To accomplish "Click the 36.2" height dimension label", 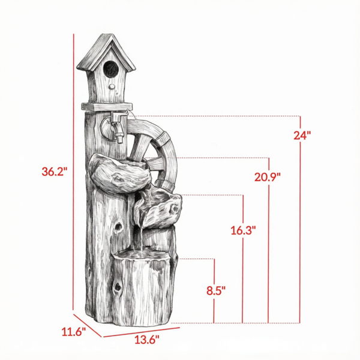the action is pos(54,172).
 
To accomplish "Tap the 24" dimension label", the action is pos(302,135).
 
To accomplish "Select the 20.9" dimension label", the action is pos(268,177).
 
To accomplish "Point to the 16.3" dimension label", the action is pos(243,230).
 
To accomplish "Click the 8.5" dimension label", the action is pos(216,290).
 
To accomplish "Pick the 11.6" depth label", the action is pos(73,332).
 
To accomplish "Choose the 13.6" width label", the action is pos(146,340).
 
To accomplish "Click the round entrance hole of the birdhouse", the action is pos(110,69).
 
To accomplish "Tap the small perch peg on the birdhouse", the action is pos(112,86).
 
